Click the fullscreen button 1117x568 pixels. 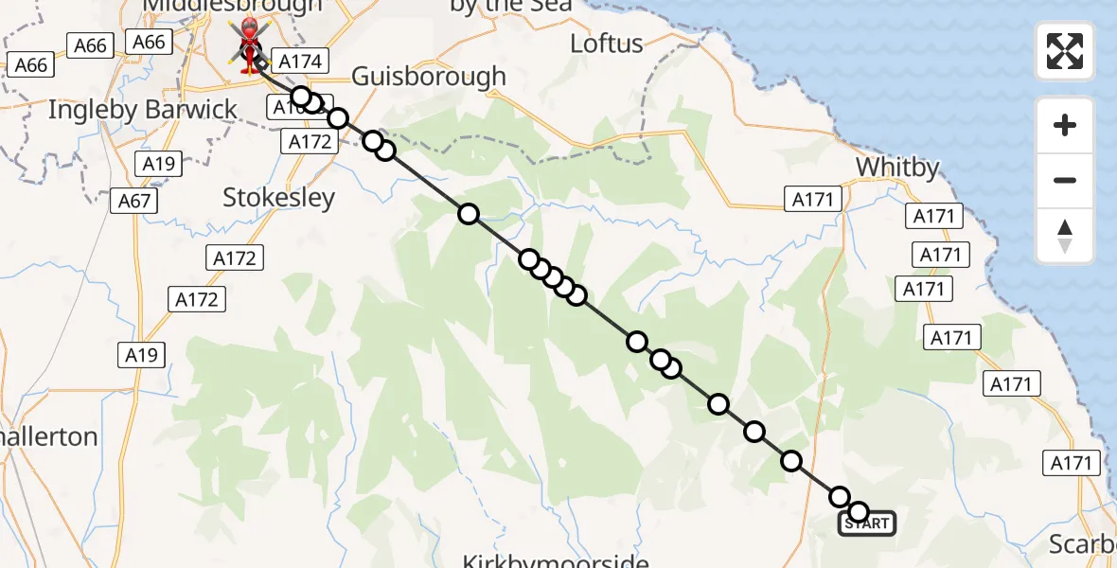tap(1065, 51)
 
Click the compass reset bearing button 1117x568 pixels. tap(1065, 236)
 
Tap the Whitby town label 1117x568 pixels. tap(897, 168)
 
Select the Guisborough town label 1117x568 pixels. tap(428, 77)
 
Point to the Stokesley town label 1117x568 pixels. tap(278, 198)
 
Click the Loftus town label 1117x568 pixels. tap(607, 44)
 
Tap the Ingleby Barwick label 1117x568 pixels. tap(143, 110)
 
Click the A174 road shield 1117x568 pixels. tap(301, 62)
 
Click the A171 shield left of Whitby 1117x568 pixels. tap(811, 199)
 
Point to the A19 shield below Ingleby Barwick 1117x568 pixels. tap(159, 164)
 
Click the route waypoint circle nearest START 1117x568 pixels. tap(859, 512)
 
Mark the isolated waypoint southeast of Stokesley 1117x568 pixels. tap(468, 214)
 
